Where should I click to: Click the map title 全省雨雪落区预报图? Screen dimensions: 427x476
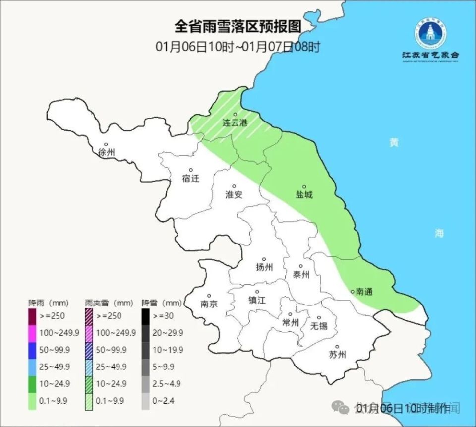[x=238, y=26]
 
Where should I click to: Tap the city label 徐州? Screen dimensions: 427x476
[x=107, y=152]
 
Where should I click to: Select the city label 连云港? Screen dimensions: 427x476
[x=235, y=122]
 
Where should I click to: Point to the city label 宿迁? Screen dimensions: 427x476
[x=191, y=179]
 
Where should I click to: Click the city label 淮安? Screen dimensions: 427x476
[x=234, y=195]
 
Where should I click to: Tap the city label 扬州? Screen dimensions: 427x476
[x=264, y=268]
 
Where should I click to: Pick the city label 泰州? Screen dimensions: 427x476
[x=301, y=275]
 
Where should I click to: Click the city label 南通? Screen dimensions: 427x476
[x=364, y=292]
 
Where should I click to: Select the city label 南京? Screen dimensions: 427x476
[x=209, y=304]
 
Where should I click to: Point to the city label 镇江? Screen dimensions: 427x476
[x=257, y=300]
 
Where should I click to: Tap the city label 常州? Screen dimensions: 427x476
[x=291, y=323]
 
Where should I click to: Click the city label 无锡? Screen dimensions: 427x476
[x=319, y=326]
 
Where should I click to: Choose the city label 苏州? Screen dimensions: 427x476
[x=337, y=355]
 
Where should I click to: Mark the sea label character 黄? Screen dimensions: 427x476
[x=394, y=143]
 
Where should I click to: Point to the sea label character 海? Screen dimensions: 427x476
[x=439, y=233]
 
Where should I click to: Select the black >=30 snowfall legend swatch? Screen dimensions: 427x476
[x=146, y=315]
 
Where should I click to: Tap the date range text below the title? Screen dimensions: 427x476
[x=238, y=47]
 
